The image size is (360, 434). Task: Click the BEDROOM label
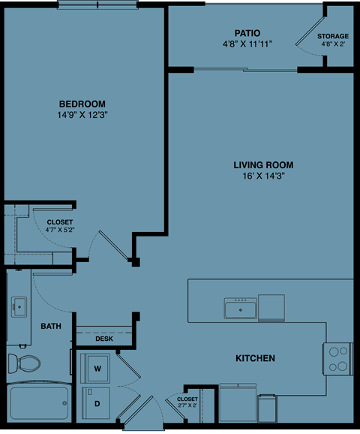82,104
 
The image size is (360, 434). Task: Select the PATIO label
247,33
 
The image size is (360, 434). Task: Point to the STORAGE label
332,36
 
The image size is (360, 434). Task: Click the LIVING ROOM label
262,164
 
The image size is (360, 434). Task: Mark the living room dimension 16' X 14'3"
262,176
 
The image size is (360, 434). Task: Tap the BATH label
51,327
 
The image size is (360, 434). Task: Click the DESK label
104,339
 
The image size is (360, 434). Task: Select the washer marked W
97,369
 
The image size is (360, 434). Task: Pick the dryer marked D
97,404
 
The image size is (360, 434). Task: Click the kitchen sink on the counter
240,308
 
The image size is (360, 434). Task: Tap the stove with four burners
338,358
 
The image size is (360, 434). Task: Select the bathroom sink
18,306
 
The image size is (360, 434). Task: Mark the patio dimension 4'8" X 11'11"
247,44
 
